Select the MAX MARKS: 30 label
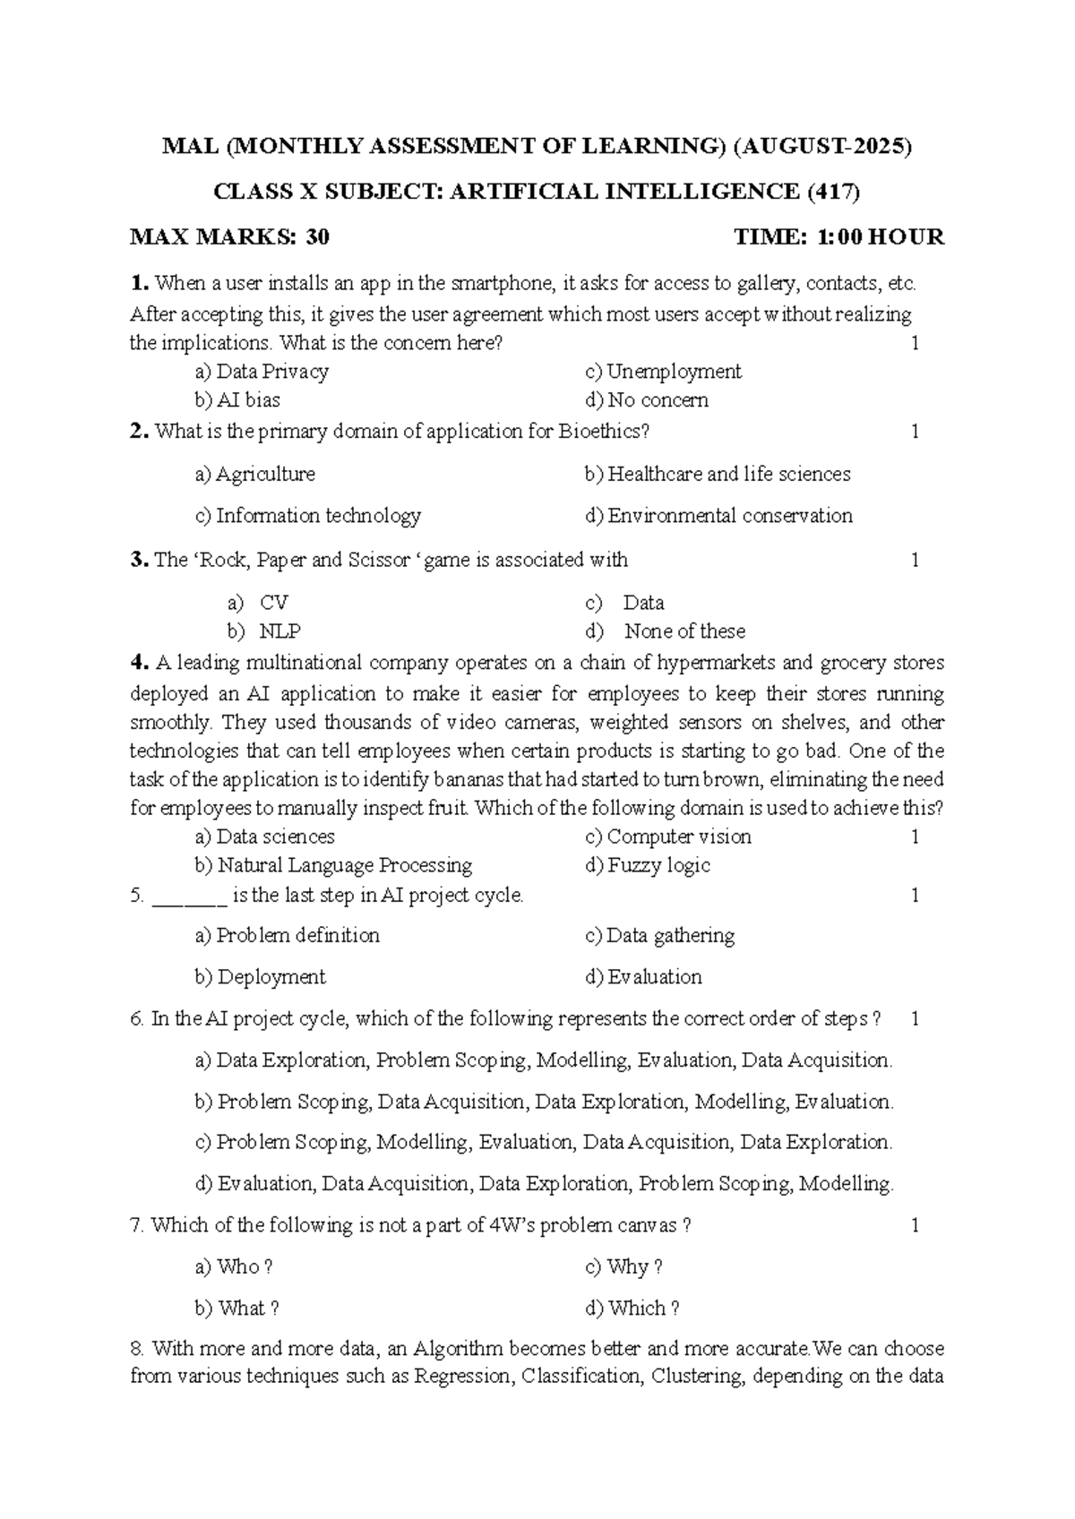tap(229, 237)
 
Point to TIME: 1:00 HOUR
tap(838, 237)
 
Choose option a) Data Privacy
tap(262, 372)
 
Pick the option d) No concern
tap(646, 400)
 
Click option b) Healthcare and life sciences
tap(718, 474)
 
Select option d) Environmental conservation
tap(718, 516)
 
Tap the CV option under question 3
tap(273, 603)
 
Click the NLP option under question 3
tap(279, 631)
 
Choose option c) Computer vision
tap(668, 837)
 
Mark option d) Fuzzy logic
tap(648, 866)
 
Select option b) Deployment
tap(260, 977)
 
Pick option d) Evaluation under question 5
tap(643, 977)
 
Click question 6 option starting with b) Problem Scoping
tap(544, 1102)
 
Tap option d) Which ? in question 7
tap(632, 1309)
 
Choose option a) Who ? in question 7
tap(233, 1267)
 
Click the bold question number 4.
tap(138, 664)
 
